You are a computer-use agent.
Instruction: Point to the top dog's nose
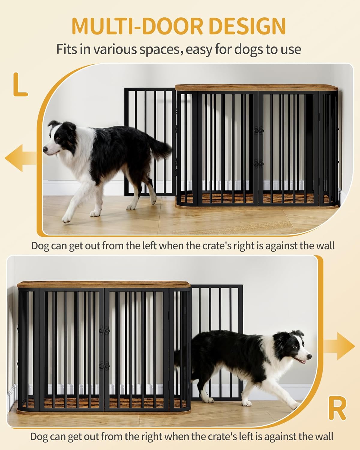click(x=45, y=149)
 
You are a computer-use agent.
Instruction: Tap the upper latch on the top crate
click(x=258, y=130)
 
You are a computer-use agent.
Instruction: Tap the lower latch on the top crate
click(x=258, y=163)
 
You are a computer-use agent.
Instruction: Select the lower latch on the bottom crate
click(x=104, y=365)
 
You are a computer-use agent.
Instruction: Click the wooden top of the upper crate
click(x=256, y=88)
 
